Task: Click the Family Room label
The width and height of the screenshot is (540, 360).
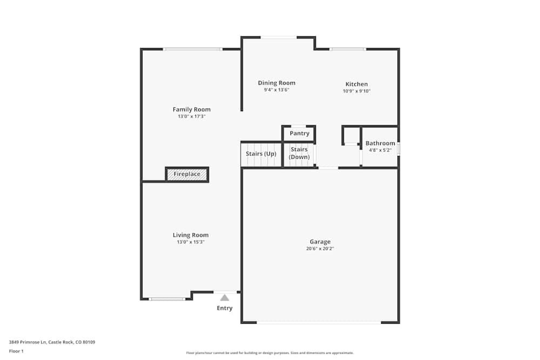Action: tap(191, 110)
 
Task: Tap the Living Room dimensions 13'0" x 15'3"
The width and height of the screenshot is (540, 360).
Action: tap(191, 242)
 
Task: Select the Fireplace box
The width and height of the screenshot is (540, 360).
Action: tap(187, 174)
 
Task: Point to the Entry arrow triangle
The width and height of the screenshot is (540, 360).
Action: tap(225, 297)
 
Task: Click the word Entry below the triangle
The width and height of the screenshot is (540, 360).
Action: tap(225, 308)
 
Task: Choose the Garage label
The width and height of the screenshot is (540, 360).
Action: tap(320, 242)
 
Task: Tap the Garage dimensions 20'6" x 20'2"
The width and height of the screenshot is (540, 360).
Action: tap(320, 249)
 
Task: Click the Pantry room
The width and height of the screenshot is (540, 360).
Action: tap(299, 133)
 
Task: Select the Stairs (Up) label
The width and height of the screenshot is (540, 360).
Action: tap(261, 154)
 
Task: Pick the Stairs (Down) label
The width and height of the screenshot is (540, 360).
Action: tap(299, 153)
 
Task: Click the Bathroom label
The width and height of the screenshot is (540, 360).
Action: tap(380, 144)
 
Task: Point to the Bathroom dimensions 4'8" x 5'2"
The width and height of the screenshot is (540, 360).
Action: tap(380, 151)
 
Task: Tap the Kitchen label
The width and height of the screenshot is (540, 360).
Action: tap(356, 84)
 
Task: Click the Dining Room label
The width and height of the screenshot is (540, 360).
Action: tap(276, 83)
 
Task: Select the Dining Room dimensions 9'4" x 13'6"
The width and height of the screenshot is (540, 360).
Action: tap(276, 90)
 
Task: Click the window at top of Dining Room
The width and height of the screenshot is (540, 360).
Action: tap(278, 37)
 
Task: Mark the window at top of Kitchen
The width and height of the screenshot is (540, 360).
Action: tap(347, 49)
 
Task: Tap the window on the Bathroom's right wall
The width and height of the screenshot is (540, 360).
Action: tap(399, 149)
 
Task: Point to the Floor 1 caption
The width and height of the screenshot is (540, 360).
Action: tap(16, 351)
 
